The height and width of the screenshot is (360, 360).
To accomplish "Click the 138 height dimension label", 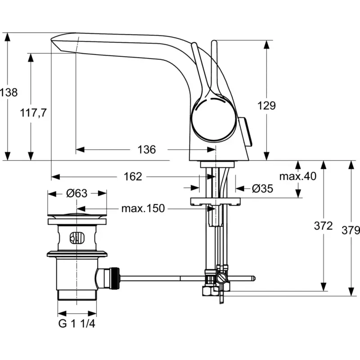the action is [9, 93].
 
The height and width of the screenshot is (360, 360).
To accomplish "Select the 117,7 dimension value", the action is [33, 113].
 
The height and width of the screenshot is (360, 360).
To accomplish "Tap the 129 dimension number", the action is [266, 106].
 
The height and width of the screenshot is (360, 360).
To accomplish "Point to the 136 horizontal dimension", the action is [147, 149].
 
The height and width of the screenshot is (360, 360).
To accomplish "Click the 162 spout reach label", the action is [133, 176].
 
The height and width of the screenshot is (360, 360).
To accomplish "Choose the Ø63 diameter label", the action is [76, 193].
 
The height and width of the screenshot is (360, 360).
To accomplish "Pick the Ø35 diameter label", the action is [262, 189].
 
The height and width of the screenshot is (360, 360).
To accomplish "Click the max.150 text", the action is [143, 208].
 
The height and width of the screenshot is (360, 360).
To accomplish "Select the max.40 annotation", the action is [298, 176].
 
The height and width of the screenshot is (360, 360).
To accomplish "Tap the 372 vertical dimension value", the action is [323, 226].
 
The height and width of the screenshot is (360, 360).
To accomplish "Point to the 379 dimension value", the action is [351, 230].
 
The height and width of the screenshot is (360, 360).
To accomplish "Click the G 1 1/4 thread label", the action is [76, 324].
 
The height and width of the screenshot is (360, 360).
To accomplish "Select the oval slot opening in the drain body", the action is [76, 238].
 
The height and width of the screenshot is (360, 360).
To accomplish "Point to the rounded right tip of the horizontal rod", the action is [254, 279].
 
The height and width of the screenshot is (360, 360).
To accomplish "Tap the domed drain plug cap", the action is [76, 216].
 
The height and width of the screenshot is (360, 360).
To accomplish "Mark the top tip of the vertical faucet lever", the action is [214, 41].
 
